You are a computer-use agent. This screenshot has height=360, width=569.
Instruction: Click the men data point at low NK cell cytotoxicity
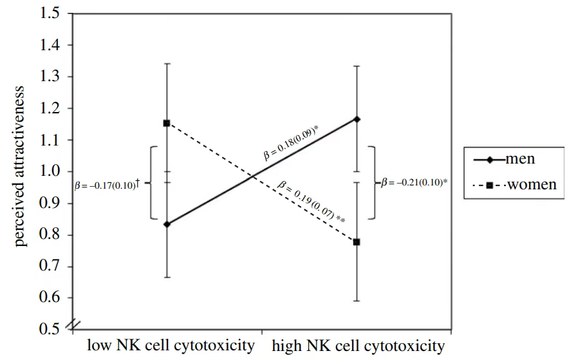pyautogui.click(x=167, y=224)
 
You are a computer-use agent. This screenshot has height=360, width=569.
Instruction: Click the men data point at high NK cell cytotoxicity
pyautogui.click(x=357, y=119)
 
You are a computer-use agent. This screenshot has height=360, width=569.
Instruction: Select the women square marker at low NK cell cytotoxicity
pyautogui.click(x=167, y=123)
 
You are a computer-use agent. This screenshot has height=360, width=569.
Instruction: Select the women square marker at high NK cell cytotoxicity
pyautogui.click(x=357, y=242)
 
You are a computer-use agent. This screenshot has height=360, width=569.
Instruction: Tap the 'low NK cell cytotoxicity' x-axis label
pyautogui.click(x=171, y=346)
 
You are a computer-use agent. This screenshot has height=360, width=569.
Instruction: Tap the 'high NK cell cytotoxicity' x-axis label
pyautogui.click(x=358, y=346)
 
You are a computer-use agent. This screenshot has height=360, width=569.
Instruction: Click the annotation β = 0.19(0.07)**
pyautogui.click(x=312, y=202)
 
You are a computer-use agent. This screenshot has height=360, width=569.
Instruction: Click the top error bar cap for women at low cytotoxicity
pyautogui.click(x=167, y=64)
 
